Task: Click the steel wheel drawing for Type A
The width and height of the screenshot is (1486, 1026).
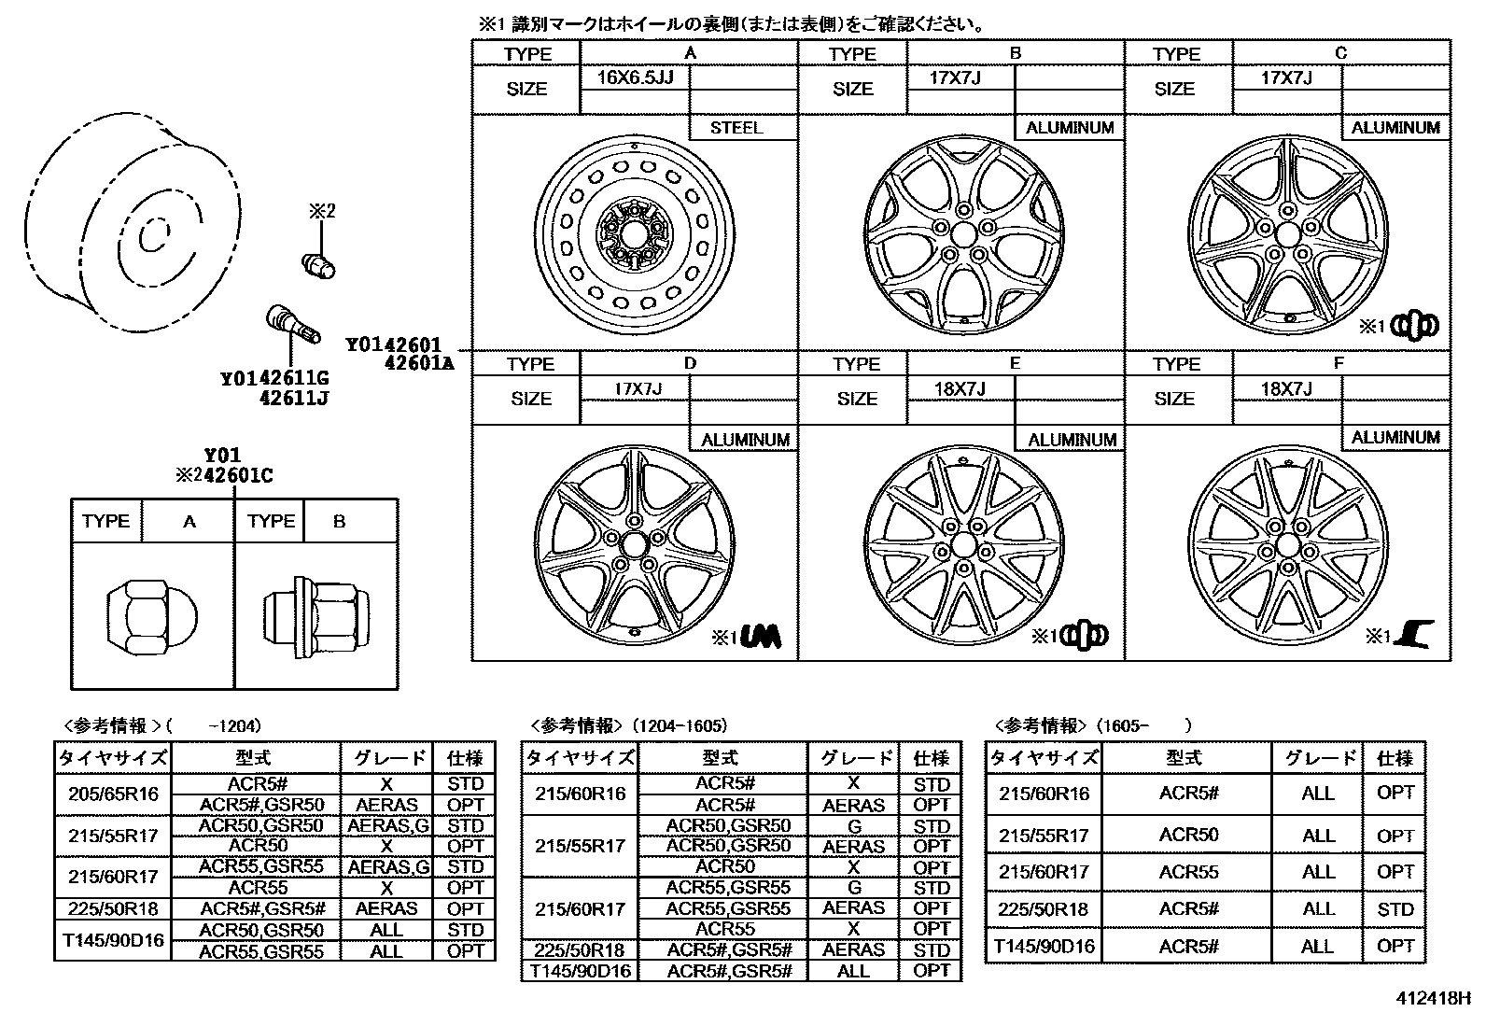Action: [x=635, y=232]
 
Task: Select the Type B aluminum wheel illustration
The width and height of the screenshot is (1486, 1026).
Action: [x=964, y=232]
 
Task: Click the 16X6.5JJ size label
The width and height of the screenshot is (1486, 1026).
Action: [x=635, y=77]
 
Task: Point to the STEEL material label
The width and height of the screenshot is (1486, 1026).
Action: [x=736, y=128]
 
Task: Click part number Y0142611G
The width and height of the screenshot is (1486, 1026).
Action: [x=274, y=379]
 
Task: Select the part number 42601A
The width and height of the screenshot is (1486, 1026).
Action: [x=418, y=364]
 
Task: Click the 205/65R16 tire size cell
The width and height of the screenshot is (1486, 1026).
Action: [x=114, y=794]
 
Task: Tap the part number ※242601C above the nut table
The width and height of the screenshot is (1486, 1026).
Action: [x=224, y=476]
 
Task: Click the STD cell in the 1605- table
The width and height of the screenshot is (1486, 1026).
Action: [x=1395, y=909]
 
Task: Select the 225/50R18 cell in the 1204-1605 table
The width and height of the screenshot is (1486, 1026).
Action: [x=579, y=950]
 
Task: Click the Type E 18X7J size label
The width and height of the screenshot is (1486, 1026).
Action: [x=960, y=388]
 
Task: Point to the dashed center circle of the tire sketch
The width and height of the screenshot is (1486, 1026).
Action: [x=152, y=236]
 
